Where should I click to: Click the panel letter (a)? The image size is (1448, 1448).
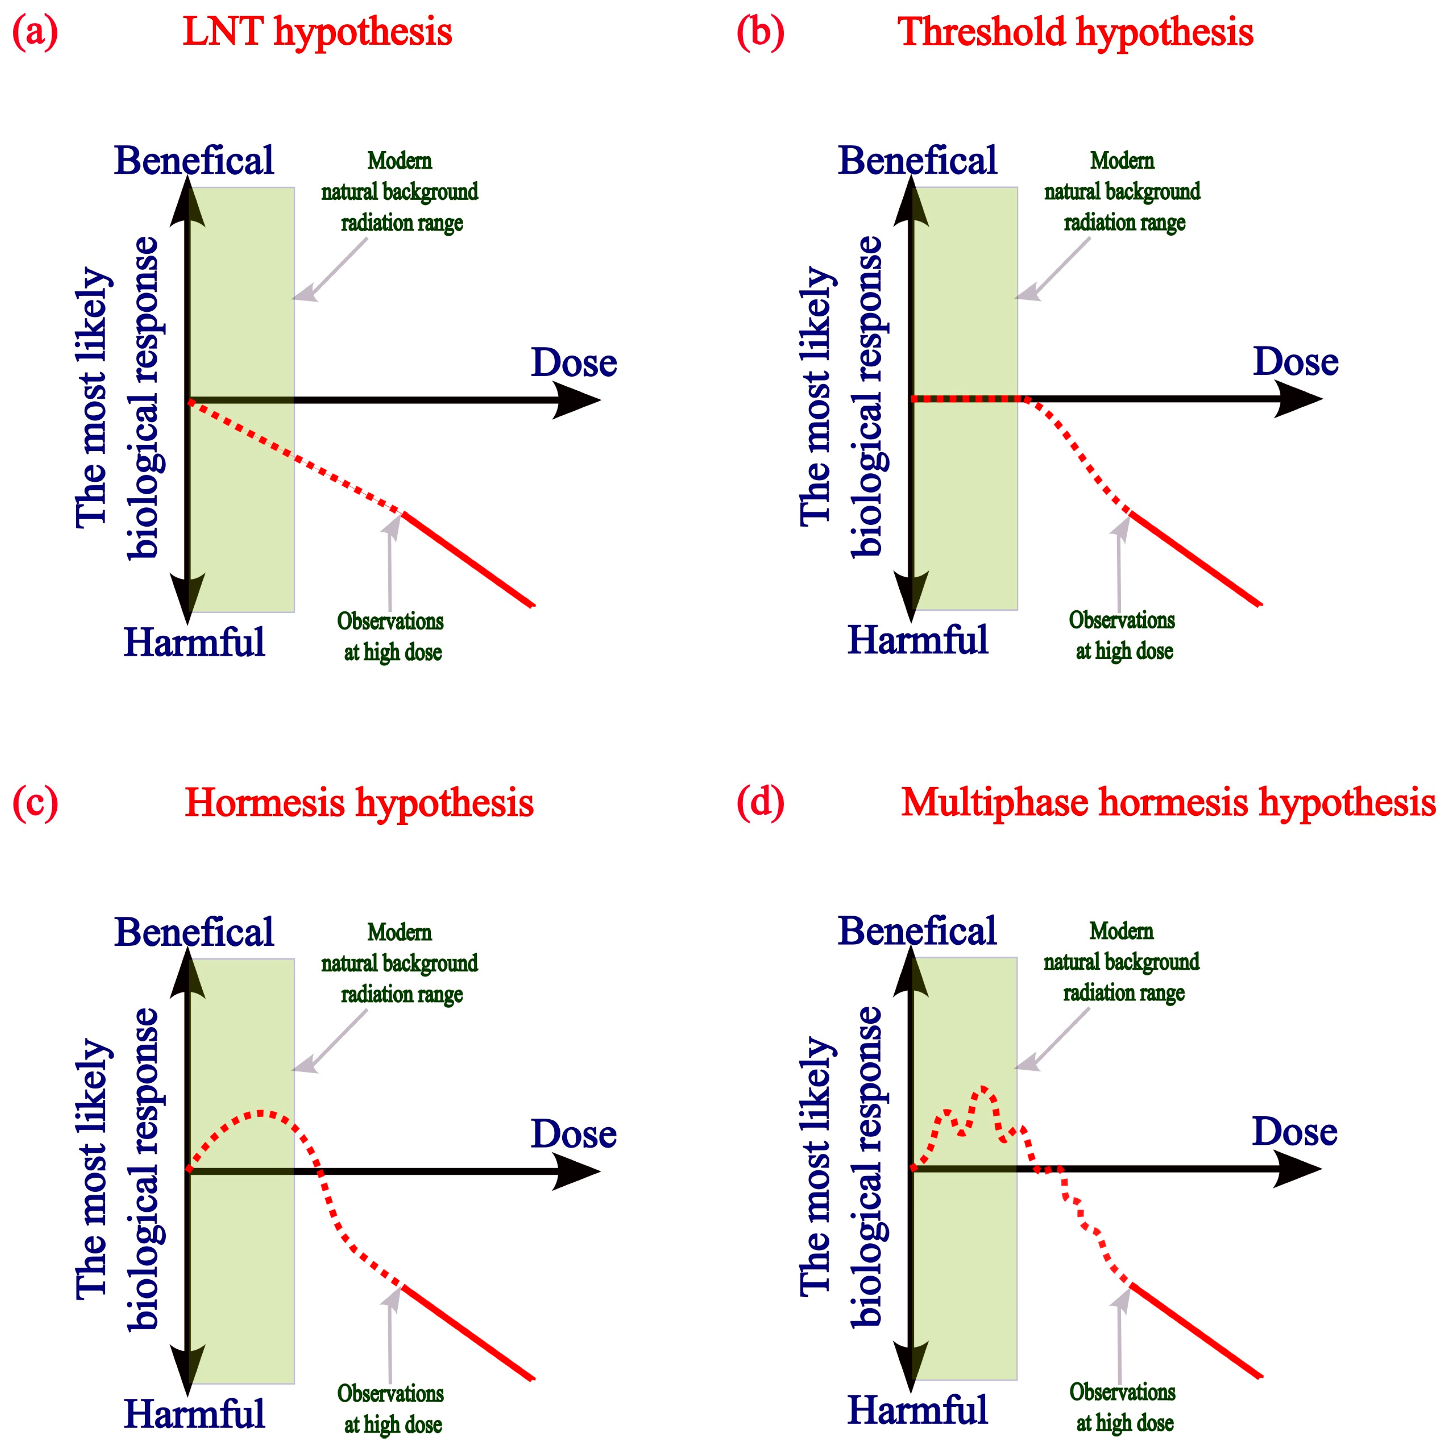[x=34, y=32]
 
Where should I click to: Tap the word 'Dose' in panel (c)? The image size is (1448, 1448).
[x=573, y=1133]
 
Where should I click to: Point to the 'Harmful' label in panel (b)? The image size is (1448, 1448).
[x=917, y=640]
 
